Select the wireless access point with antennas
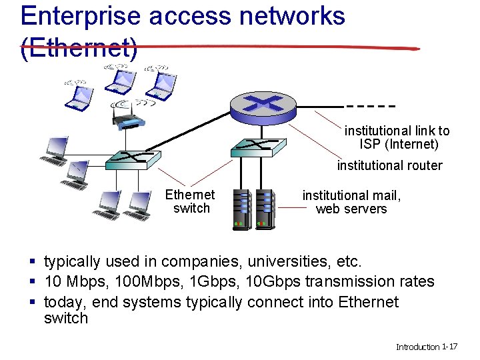pyautogui.click(x=129, y=117)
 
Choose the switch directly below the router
pyautogui.click(x=258, y=147)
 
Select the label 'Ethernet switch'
pyautogui.click(x=191, y=201)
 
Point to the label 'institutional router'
pyautogui.click(x=389, y=165)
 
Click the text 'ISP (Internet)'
pyautogui.click(x=399, y=144)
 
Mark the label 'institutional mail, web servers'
pyautogui.click(x=351, y=202)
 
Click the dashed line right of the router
pyautogui.click(x=371, y=106)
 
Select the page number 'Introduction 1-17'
pyautogui.click(x=426, y=347)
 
